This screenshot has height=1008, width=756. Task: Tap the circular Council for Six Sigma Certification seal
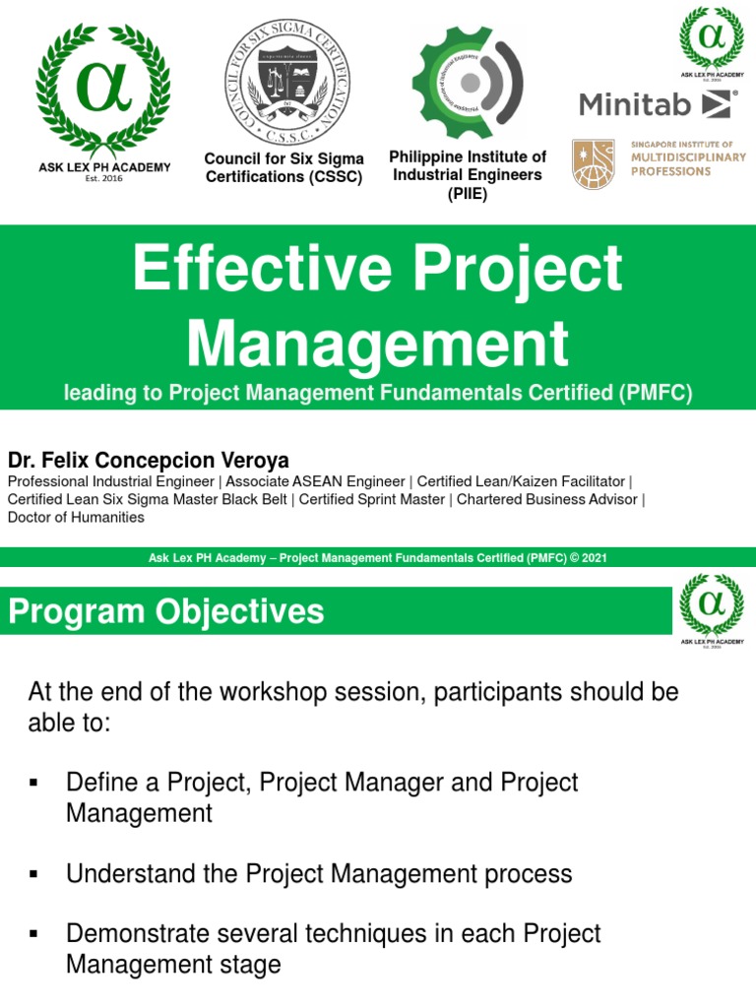[283, 82]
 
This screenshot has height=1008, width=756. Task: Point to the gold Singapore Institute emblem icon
[594, 163]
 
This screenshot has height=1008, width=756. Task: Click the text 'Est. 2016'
[103, 179]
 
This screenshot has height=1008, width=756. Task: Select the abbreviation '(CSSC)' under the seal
[333, 177]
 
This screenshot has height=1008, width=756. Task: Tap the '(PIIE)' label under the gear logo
[468, 193]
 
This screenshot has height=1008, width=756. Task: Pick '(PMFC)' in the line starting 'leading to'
[657, 394]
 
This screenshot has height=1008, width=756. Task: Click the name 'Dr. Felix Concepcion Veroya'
[149, 461]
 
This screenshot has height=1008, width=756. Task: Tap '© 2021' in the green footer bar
[589, 558]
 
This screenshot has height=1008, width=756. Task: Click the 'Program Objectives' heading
[165, 612]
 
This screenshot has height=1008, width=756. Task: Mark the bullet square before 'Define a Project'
[34, 783]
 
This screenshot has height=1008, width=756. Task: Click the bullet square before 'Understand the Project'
[34, 873]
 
